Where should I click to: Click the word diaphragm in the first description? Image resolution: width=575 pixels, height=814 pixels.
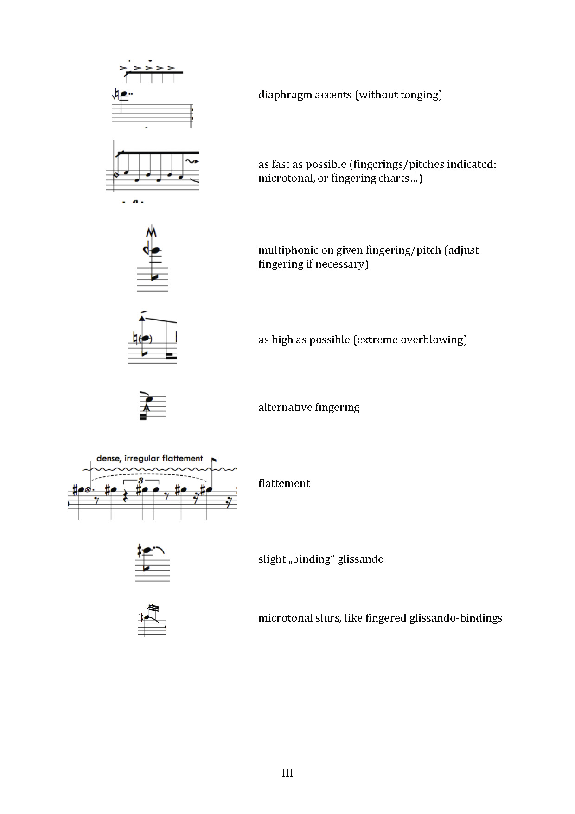tap(285, 96)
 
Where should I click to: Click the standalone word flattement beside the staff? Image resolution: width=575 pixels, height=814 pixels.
tap(284, 484)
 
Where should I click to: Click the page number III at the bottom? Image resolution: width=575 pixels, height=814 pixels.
tap(287, 773)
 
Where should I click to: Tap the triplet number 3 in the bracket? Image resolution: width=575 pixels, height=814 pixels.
tap(141, 481)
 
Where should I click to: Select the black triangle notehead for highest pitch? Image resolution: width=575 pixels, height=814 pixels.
tap(142, 318)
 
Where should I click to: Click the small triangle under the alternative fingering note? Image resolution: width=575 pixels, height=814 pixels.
tap(147, 408)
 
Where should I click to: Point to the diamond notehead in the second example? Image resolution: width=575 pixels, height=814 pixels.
tap(116, 175)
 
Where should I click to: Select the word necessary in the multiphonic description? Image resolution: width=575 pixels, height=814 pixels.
tap(341, 265)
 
